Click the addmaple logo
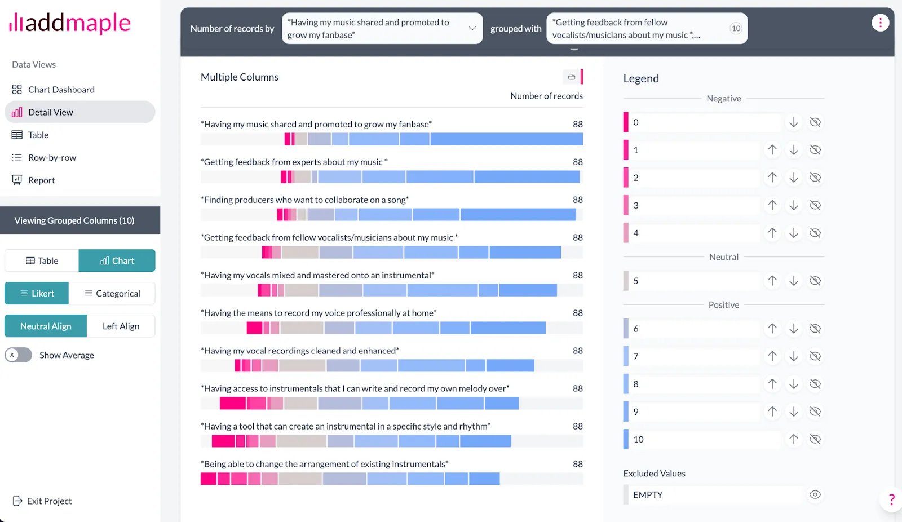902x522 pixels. pyautogui.click(x=70, y=23)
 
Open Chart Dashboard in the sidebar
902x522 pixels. pyautogui.click(x=61, y=90)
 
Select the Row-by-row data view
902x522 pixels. pyautogui.click(x=52, y=158)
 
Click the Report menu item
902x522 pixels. pyautogui.click(x=41, y=180)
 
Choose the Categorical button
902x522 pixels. pyautogui.click(x=112, y=294)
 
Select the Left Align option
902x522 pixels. pyautogui.click(x=121, y=326)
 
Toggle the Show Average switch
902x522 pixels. pyautogui.click(x=19, y=355)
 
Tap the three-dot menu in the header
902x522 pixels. pyautogui.click(x=880, y=23)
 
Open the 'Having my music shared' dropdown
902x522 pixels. pyautogui.click(x=382, y=29)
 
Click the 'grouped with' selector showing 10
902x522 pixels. pyautogui.click(x=647, y=29)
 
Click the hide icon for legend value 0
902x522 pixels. pyautogui.click(x=815, y=122)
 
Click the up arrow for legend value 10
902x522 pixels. pyautogui.click(x=794, y=439)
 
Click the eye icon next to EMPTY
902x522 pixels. pyautogui.click(x=815, y=495)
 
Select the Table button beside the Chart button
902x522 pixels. pyautogui.click(x=42, y=261)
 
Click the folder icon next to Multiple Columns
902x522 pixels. pyautogui.click(x=572, y=77)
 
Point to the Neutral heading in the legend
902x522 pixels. pyautogui.click(x=723, y=257)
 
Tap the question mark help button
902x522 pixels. pyautogui.click(x=891, y=499)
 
